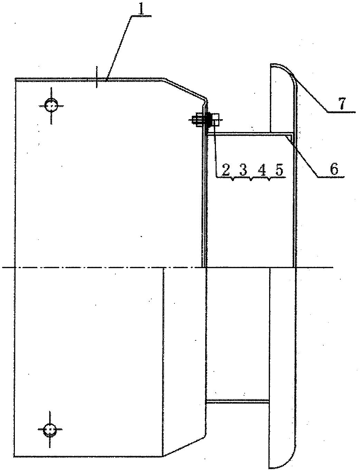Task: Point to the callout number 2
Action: pyautogui.click(x=226, y=170)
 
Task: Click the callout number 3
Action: pyautogui.click(x=243, y=170)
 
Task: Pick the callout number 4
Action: pyautogui.click(x=262, y=170)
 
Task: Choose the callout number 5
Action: pyautogui.click(x=279, y=170)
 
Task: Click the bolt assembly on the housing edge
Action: pyautogui.click(x=206, y=120)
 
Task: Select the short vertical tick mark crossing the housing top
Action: pyautogui.click(x=97, y=77)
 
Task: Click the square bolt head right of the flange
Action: pyautogui.click(x=216, y=120)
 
